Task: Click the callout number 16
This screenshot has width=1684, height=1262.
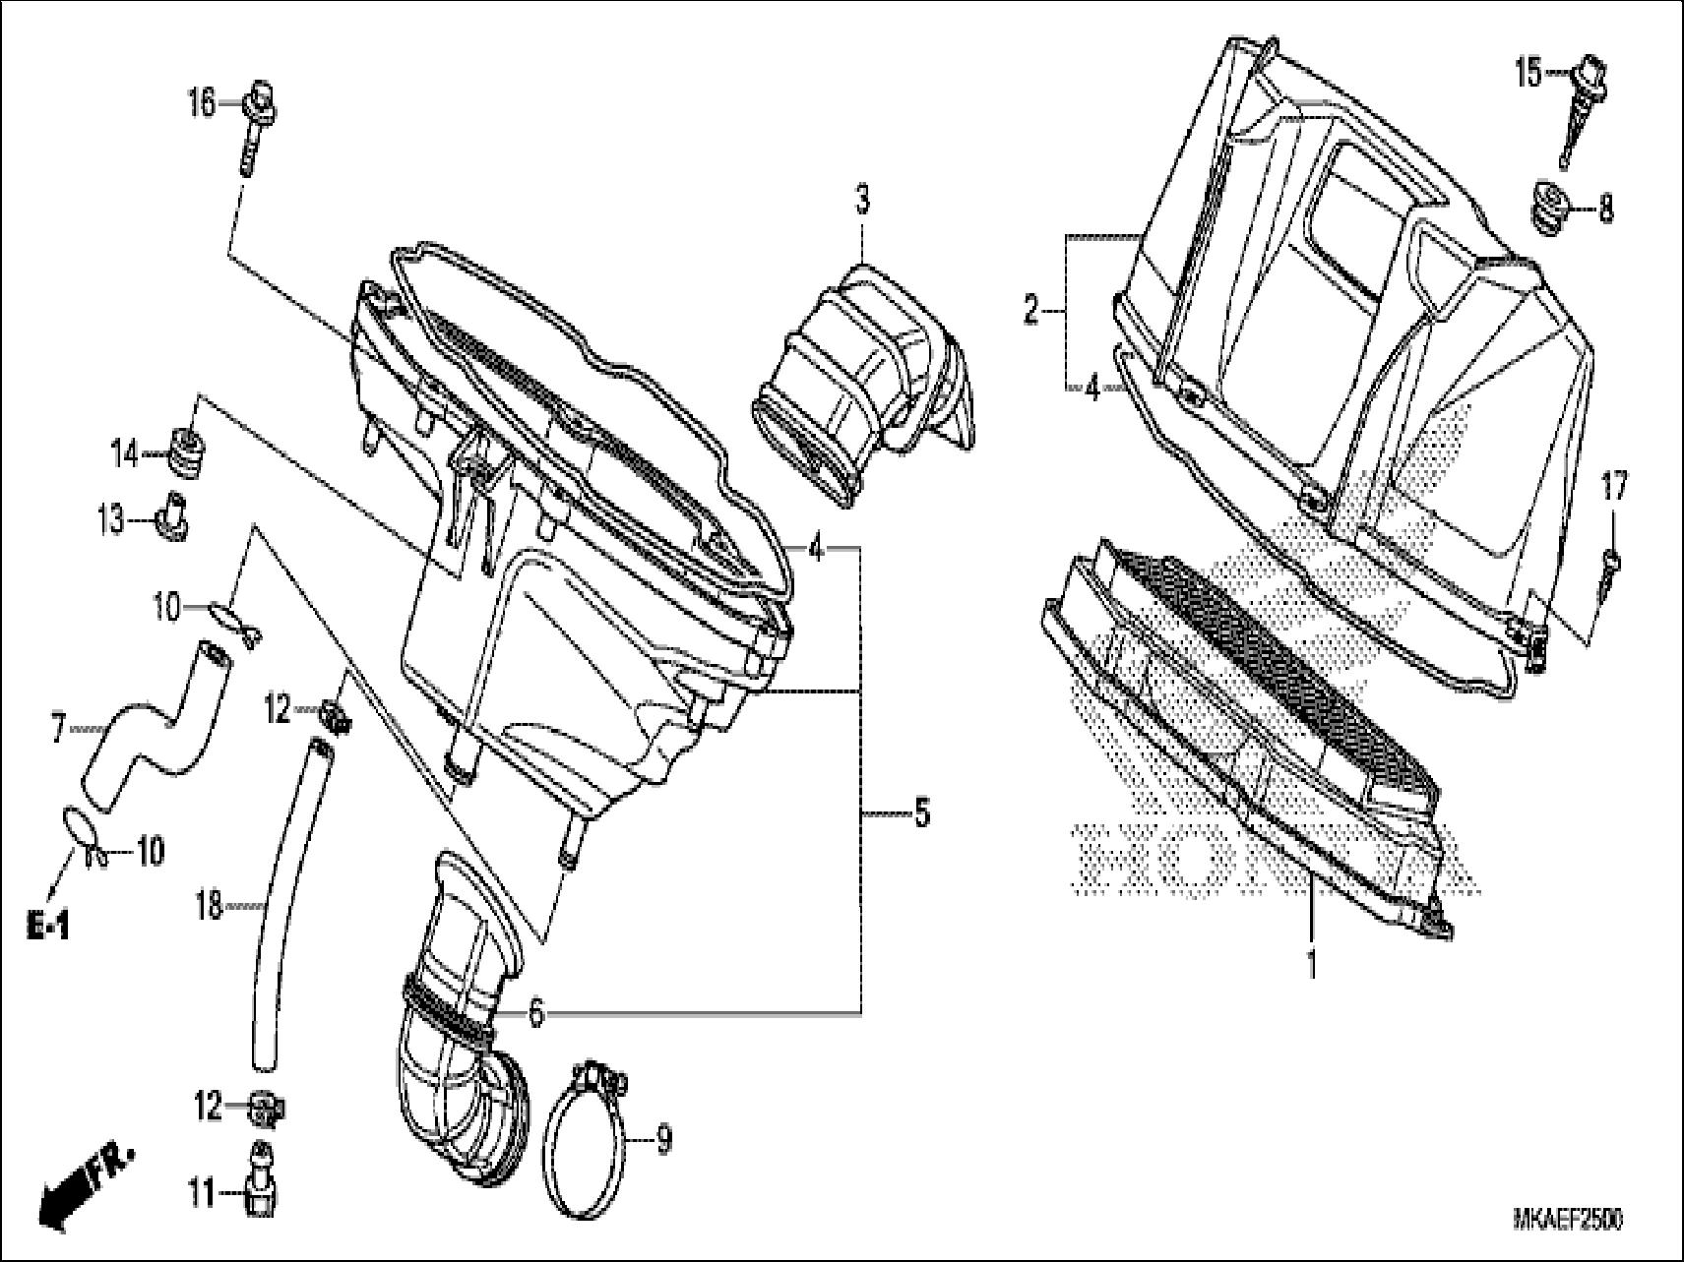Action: (x=201, y=102)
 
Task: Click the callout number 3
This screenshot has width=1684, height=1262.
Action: (x=861, y=201)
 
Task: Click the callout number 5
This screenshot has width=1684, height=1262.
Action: (x=921, y=812)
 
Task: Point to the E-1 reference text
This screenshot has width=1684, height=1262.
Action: (x=48, y=925)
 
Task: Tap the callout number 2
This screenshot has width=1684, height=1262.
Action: (x=1030, y=313)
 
